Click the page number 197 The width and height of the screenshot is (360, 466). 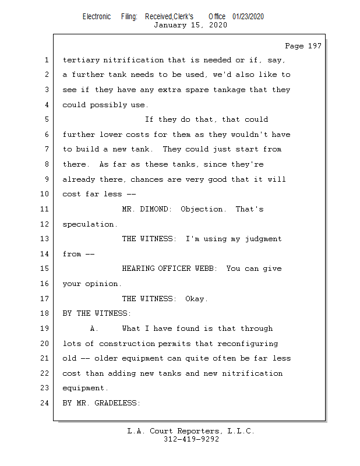(315, 46)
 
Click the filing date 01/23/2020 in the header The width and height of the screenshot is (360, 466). (248, 16)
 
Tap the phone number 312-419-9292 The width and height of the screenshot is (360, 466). (191, 439)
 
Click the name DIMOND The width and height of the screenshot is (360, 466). (156, 209)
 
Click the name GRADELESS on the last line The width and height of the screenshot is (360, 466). (117, 403)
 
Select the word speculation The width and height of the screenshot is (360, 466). (90, 224)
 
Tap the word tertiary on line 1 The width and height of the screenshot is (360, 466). (81, 61)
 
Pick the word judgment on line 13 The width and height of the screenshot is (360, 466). (263, 239)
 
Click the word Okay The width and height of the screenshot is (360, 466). (196, 299)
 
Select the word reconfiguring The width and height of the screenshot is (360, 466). (248, 344)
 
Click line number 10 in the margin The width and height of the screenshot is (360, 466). (45, 194)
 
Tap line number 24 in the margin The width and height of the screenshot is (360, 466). (45, 403)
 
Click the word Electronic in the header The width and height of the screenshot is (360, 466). (97, 16)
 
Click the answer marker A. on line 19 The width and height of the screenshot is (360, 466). (94, 329)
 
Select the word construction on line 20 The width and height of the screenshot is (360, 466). (127, 344)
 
